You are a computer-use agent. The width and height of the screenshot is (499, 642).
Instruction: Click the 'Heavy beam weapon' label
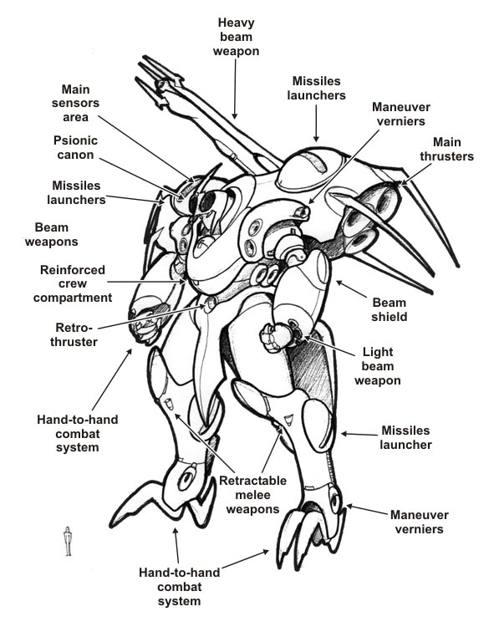coord(236,37)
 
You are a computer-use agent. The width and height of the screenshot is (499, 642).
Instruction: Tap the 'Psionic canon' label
coord(75,147)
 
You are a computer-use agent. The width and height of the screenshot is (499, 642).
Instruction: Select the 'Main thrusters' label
coord(446,149)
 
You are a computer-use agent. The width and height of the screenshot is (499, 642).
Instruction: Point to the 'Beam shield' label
coord(389,309)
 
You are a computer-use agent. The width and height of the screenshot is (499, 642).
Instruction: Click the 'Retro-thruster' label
coord(74,334)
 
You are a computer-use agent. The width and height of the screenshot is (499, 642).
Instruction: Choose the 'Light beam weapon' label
coord(378,366)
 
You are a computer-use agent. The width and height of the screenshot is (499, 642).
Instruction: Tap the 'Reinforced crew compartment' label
coord(73,283)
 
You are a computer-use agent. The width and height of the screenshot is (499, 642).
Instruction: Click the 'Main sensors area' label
coord(75,103)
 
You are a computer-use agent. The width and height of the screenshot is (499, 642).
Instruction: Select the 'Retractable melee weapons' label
coord(252,495)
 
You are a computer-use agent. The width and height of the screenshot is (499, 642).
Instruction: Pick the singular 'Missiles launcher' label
coord(405,437)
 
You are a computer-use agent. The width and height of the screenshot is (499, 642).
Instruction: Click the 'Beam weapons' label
coord(51,234)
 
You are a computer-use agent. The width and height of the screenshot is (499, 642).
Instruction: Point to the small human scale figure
coord(68,541)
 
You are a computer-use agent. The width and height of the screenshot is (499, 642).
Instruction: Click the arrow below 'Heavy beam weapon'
coord(235,89)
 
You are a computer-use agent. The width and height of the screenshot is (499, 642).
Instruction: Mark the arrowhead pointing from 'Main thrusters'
coord(403,182)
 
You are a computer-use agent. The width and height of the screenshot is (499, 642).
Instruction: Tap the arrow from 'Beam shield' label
coord(351,289)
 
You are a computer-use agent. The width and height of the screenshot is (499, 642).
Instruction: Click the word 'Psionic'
coord(75,140)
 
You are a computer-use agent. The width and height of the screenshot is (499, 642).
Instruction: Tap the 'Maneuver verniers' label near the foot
coord(419,522)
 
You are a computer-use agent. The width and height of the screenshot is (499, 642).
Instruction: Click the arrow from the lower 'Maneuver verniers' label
coord(367,510)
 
